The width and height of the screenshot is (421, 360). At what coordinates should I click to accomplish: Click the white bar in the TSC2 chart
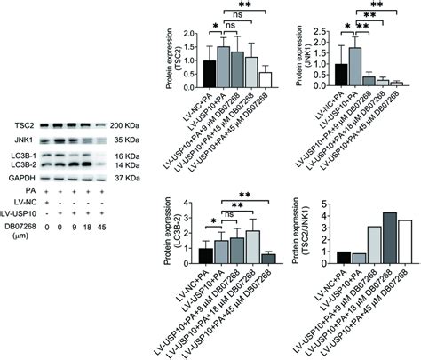coord(265,79)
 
